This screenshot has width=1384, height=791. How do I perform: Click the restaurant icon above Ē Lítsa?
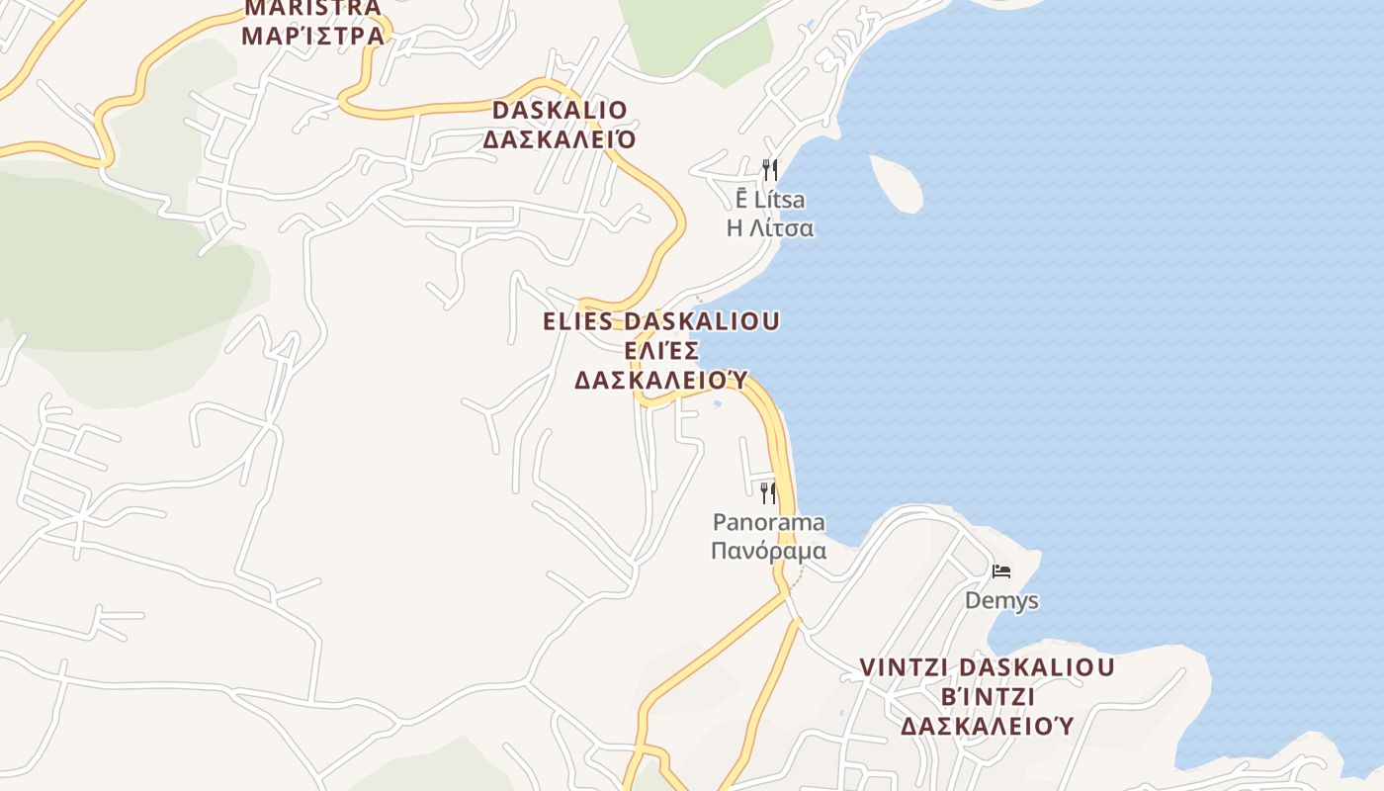pyautogui.click(x=769, y=170)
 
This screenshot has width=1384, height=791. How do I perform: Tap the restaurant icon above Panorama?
pyautogui.click(x=768, y=492)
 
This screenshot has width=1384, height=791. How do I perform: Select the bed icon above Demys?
pyautogui.click(x=1001, y=571)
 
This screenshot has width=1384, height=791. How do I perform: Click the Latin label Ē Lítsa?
pyautogui.click(x=770, y=200)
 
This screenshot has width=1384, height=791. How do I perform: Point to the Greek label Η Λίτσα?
pyautogui.click(x=770, y=228)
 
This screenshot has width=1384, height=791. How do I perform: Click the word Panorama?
pyautogui.click(x=768, y=521)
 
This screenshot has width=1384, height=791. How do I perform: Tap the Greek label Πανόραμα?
pyautogui.click(x=768, y=549)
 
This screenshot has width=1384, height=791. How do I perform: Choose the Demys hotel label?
pyautogui.click(x=1001, y=600)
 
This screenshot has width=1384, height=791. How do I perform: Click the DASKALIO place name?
pyautogui.click(x=560, y=110)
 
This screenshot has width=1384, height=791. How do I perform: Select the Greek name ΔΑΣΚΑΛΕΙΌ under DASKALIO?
pyautogui.click(x=560, y=139)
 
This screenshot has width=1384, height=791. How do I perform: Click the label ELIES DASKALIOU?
pyautogui.click(x=661, y=321)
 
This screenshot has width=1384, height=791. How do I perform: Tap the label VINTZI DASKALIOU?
pyautogui.click(x=987, y=667)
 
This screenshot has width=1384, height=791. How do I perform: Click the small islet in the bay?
pyautogui.click(x=896, y=183)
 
